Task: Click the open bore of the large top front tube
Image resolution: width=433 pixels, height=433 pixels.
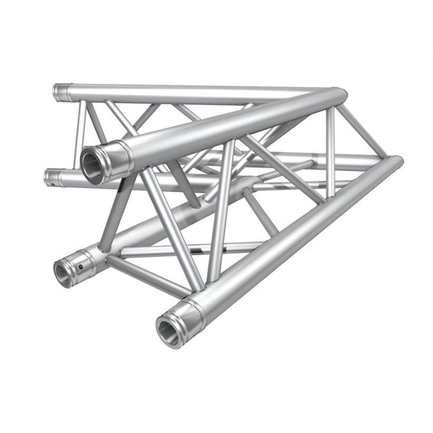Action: click(x=92, y=166)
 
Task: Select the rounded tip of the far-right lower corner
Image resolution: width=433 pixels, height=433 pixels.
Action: click(x=397, y=162)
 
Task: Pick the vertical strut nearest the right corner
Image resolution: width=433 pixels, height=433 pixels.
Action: click(x=331, y=152)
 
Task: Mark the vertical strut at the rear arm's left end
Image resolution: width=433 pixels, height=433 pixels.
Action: click(x=79, y=134)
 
